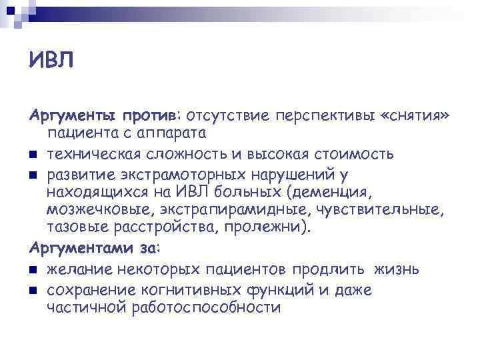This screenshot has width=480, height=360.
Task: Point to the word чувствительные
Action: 376,211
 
